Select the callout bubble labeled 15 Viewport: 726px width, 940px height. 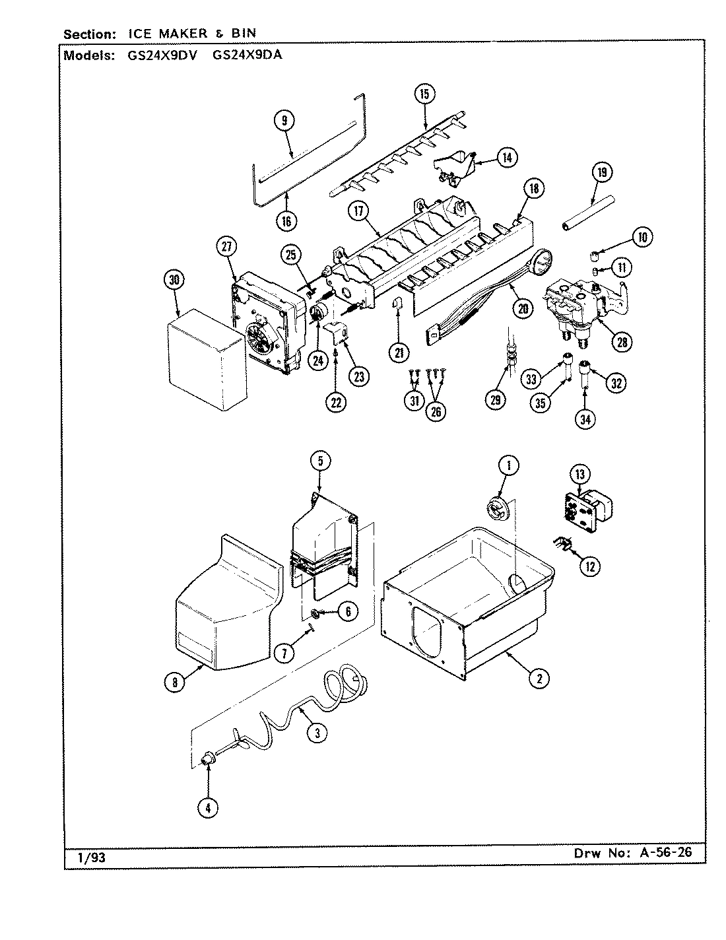coord(424,94)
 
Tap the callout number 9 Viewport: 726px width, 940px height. coord(284,120)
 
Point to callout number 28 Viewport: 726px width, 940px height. coord(622,341)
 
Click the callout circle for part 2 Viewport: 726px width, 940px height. coord(539,677)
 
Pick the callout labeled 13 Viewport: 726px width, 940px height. coord(579,474)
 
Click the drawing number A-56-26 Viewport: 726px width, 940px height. coord(666,852)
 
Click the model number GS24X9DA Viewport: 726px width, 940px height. coord(247,55)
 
